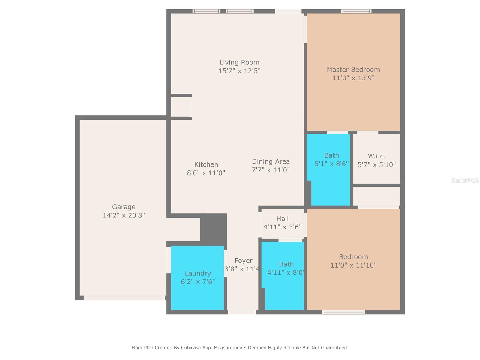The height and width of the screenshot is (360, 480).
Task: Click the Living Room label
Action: [239, 62]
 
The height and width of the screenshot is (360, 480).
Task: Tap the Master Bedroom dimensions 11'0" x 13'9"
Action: [353, 78]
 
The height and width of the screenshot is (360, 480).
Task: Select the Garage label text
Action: [124, 207]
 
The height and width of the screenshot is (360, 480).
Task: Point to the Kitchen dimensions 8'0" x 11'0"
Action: [206, 173]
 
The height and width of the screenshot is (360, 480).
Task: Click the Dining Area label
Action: [271, 161]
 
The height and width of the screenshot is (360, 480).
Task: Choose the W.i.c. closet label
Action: [376, 156]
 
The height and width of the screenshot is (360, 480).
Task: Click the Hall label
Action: [282, 219]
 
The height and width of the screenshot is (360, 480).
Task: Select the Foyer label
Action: [243, 261]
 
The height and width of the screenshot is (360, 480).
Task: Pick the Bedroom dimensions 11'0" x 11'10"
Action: [353, 265]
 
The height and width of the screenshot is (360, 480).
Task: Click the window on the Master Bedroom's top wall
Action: [356, 11]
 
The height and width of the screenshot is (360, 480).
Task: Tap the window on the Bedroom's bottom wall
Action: [343, 312]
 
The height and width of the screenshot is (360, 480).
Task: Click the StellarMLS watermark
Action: [465, 180]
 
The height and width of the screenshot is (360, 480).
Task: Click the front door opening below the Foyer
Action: [242, 312]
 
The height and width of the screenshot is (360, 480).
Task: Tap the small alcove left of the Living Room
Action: [180, 106]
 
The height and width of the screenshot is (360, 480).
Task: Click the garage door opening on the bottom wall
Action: [124, 298]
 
